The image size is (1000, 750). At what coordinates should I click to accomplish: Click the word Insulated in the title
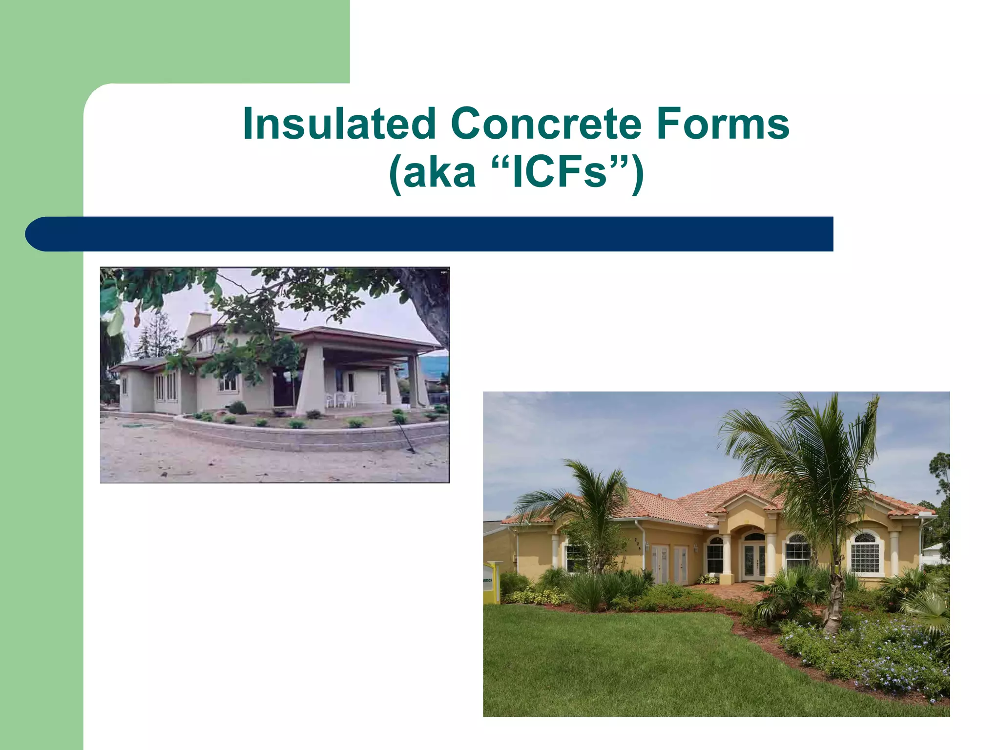pos(339,124)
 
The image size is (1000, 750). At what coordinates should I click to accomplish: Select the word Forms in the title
pos(722,124)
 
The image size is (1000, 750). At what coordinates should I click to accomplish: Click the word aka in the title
pos(439,174)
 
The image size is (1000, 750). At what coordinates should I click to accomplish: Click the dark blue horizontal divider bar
pos(430,234)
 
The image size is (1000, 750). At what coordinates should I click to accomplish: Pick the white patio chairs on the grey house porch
pos(340,398)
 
